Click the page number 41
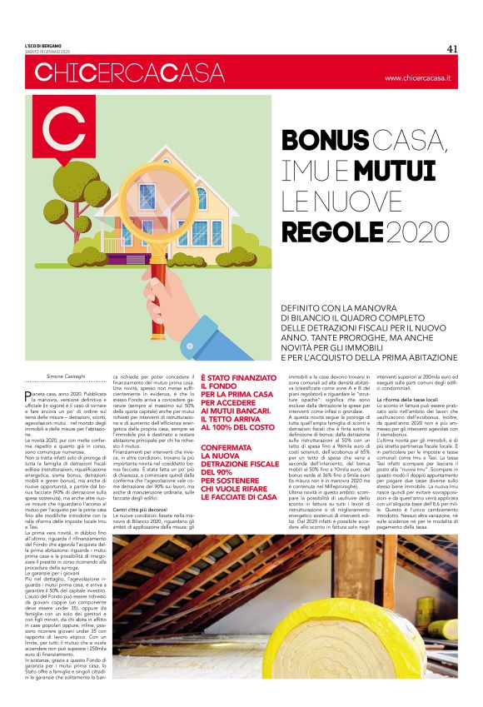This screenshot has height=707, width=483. click(452, 47)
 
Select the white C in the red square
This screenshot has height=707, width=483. click(63, 132)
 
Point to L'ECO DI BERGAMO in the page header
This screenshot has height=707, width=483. click(43, 45)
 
